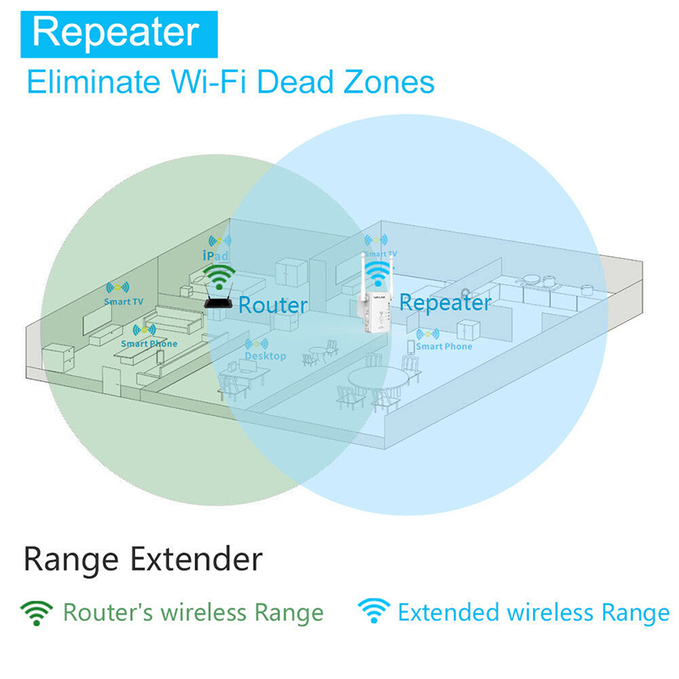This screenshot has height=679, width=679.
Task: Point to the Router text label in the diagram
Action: [x=272, y=305]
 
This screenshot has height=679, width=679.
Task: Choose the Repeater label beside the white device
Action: [x=445, y=302]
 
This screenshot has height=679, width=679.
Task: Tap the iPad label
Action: [x=216, y=255]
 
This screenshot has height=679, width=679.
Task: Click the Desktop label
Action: [x=266, y=356]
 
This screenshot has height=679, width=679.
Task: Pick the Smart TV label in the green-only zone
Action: [x=123, y=301]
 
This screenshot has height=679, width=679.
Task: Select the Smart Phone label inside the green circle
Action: [x=149, y=344]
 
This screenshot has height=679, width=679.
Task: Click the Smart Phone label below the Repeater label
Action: [x=444, y=346]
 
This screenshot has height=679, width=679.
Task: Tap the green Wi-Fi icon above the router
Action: [x=219, y=276]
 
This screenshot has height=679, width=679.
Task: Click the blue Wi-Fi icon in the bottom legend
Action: [x=373, y=612]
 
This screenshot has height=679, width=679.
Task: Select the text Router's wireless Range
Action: [x=193, y=613]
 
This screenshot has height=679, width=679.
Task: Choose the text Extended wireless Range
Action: [x=533, y=613]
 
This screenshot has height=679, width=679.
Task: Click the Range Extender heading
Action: [x=143, y=559]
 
